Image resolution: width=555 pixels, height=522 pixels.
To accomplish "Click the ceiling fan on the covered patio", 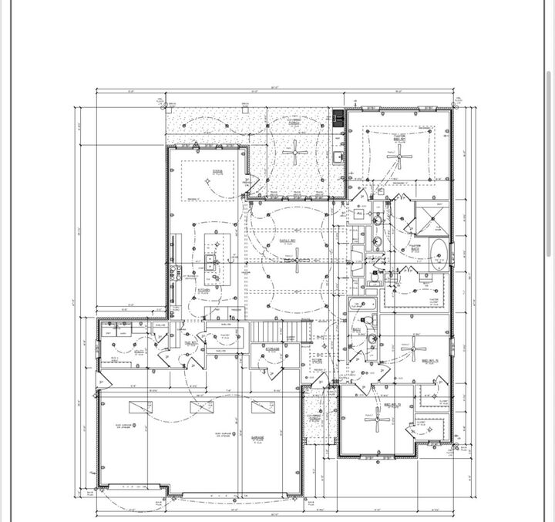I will click(x=295, y=152).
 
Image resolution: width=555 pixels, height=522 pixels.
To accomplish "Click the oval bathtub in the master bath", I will click(x=436, y=254).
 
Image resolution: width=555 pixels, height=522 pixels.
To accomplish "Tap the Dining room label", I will click(x=218, y=172).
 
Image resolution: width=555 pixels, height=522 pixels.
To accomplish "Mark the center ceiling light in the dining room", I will click(x=207, y=180).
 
